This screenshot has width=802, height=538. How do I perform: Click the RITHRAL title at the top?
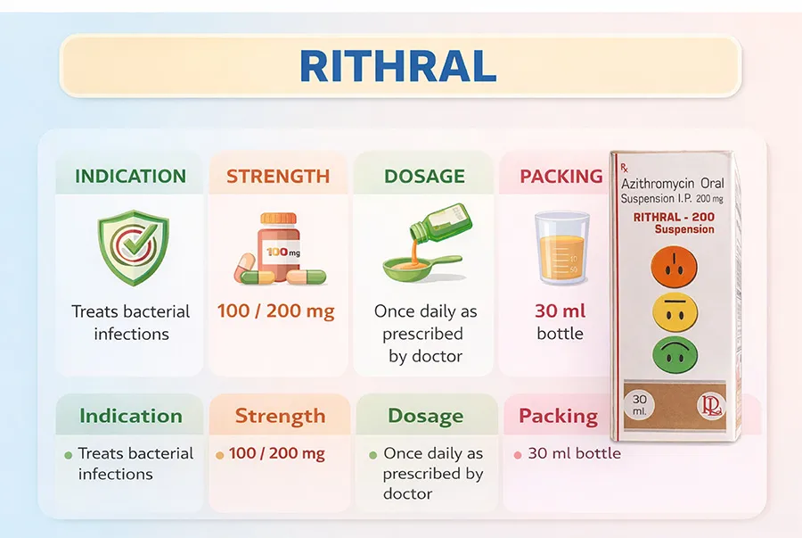click(398, 66)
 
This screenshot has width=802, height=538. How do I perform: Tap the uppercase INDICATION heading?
click(130, 176)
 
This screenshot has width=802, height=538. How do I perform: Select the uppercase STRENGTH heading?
click(278, 176)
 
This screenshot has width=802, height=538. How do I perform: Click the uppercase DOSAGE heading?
click(424, 176)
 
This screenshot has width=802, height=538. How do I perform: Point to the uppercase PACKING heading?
click(561, 176)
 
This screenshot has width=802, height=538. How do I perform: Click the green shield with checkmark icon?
click(134, 247)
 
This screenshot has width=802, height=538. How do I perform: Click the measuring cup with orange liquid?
click(561, 248)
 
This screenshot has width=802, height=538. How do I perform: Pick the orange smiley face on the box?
click(675, 267)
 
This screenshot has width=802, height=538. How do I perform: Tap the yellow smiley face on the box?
click(675, 311)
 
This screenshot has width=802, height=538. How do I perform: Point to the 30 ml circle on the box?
click(639, 405)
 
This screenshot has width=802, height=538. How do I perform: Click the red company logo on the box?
click(711, 407)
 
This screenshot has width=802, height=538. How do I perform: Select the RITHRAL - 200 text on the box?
click(674, 217)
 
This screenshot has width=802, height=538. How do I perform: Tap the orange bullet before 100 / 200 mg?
click(220, 455)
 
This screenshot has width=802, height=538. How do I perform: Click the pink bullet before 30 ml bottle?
click(518, 455)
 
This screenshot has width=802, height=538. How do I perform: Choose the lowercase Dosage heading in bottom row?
click(426, 416)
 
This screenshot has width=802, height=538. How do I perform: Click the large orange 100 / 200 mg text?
click(275, 310)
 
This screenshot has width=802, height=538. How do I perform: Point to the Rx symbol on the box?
click(625, 168)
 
